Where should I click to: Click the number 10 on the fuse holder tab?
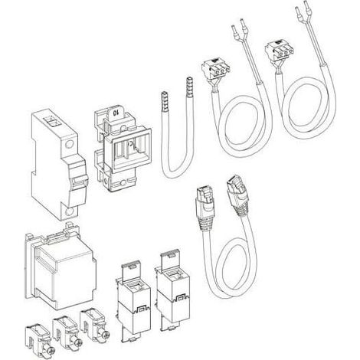(x=116, y=112)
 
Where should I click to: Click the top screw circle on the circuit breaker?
(x=69, y=145)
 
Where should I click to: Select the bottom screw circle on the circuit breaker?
(x=70, y=212)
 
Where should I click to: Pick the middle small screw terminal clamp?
(x=66, y=329)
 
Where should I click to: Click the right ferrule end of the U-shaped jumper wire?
(x=189, y=87)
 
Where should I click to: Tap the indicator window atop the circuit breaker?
(x=51, y=121)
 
